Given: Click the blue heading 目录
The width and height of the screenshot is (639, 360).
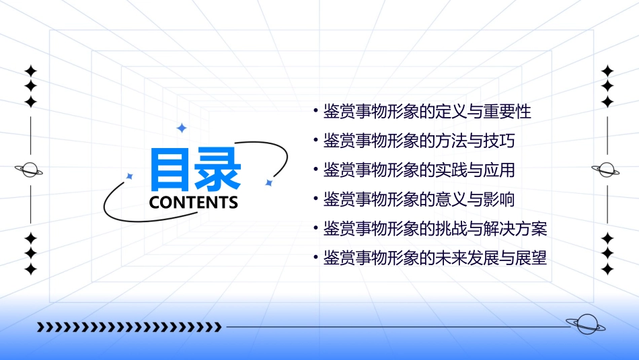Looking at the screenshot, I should coord(195,170).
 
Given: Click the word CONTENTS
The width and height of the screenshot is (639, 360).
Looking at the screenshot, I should coord(194,203).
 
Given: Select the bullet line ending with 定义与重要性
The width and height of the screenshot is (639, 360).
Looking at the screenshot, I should coord(427,111).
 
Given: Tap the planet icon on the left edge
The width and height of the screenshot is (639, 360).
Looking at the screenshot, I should coord(30,170).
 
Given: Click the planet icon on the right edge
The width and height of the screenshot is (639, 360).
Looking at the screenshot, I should coord(607,170).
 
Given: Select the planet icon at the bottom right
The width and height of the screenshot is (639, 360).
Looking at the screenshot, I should coord(586,325).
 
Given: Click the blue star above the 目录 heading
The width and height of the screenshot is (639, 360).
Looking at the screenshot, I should coord(181,128).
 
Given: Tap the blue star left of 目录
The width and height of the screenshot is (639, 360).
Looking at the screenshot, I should coord(130,176).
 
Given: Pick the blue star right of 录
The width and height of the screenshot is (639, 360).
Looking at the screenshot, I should coord(268,182).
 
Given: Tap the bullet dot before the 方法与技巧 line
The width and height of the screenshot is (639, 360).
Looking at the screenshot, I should coord(316,141).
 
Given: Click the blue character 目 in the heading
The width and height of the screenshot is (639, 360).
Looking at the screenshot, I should coord(171,170).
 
